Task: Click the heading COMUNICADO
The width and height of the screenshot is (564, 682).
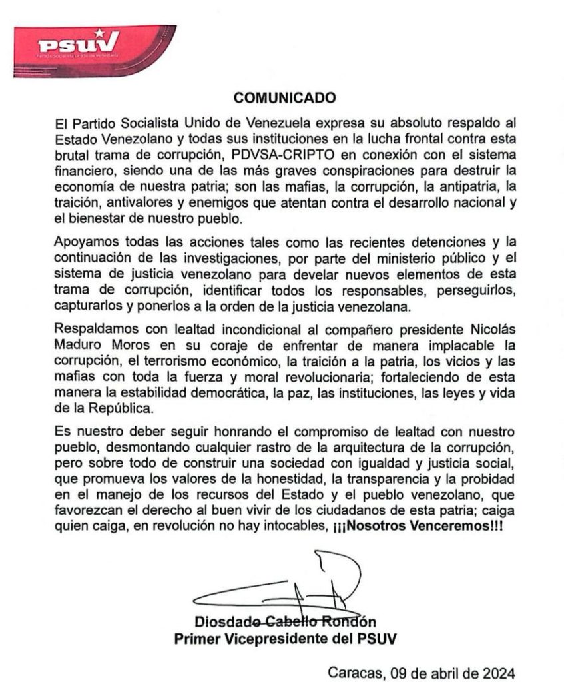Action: point(284,98)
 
